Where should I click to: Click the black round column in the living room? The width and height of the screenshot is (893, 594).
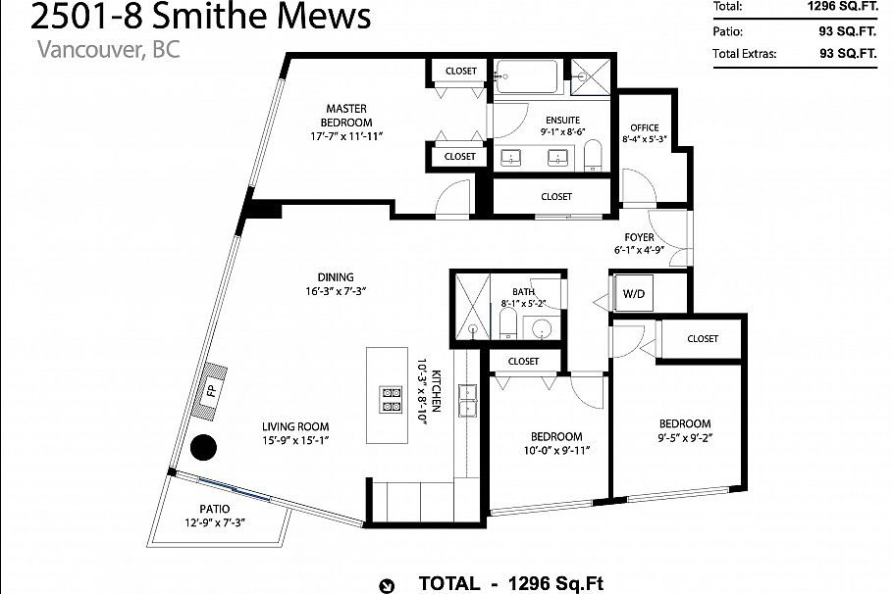click(x=203, y=448)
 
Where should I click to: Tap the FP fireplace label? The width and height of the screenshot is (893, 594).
click(x=210, y=391)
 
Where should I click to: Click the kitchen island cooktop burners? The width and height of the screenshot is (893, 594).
click(x=392, y=397)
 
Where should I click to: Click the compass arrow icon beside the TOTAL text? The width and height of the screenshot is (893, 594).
click(x=389, y=585)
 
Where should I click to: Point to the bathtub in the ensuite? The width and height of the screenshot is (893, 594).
click(x=526, y=79)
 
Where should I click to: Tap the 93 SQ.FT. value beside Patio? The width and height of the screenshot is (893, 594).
click(x=847, y=30)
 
